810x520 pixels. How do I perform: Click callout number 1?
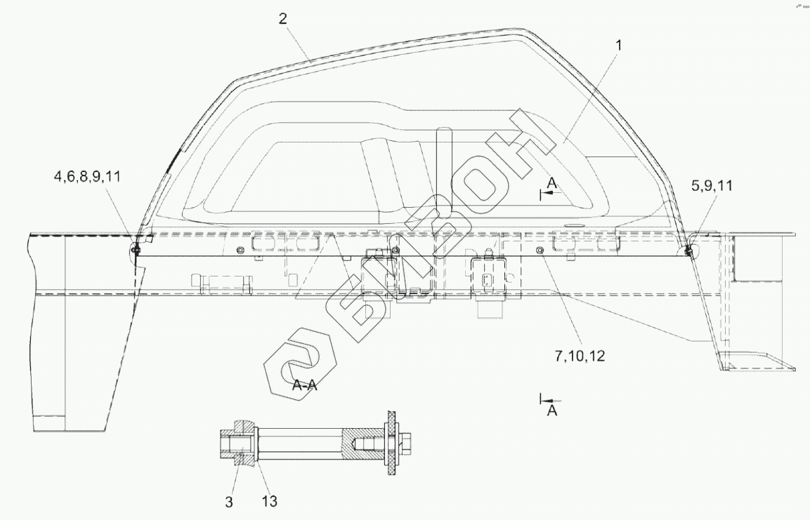point(618,46)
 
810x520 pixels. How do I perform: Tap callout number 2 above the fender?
point(282,19)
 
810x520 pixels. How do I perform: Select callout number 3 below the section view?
point(229,502)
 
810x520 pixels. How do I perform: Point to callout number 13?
point(270,502)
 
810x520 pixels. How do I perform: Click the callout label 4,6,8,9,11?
point(87,177)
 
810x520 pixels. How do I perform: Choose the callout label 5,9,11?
point(712,185)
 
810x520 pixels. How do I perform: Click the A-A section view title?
point(304,385)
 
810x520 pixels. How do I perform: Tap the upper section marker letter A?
point(552,183)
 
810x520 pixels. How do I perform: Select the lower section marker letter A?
point(552,411)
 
